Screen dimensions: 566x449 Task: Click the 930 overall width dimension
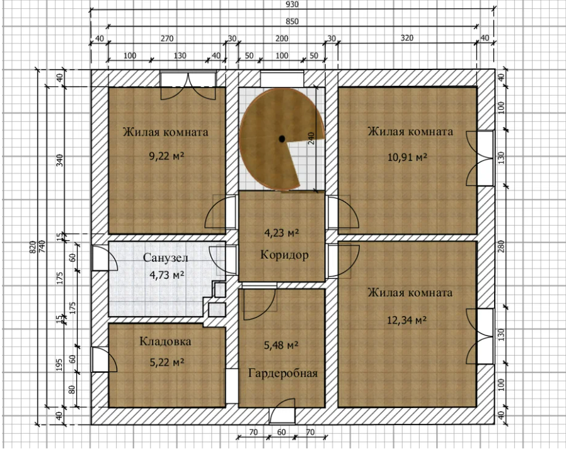pyautogui.click(x=292, y=4)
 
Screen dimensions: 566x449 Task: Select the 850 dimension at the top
pyautogui.click(x=292, y=21)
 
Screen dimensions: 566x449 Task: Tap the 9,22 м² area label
pyautogui.click(x=167, y=156)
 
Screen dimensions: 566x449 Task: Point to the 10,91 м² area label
pyautogui.click(x=408, y=157)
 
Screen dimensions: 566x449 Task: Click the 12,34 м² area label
pyautogui.click(x=407, y=320)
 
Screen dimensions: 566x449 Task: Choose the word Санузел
pyautogui.click(x=166, y=257)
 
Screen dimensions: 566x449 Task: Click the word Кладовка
pyautogui.click(x=165, y=341)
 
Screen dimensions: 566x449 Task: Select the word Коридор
pyautogui.click(x=284, y=255)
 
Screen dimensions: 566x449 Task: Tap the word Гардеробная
pyautogui.click(x=283, y=373)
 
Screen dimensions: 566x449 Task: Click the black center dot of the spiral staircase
pyautogui.click(x=282, y=138)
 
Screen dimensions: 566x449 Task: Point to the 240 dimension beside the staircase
pyautogui.click(x=311, y=138)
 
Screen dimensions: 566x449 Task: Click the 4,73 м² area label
pyautogui.click(x=167, y=275)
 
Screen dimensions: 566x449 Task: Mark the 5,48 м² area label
pyautogui.click(x=281, y=346)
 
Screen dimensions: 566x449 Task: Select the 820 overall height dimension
pyautogui.click(x=33, y=247)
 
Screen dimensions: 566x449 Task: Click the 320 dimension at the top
pyautogui.click(x=407, y=38)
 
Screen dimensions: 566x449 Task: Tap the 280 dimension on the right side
pyautogui.click(x=500, y=246)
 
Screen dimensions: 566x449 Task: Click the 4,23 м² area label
pyautogui.click(x=282, y=233)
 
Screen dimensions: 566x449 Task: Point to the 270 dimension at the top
pyautogui.click(x=167, y=38)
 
